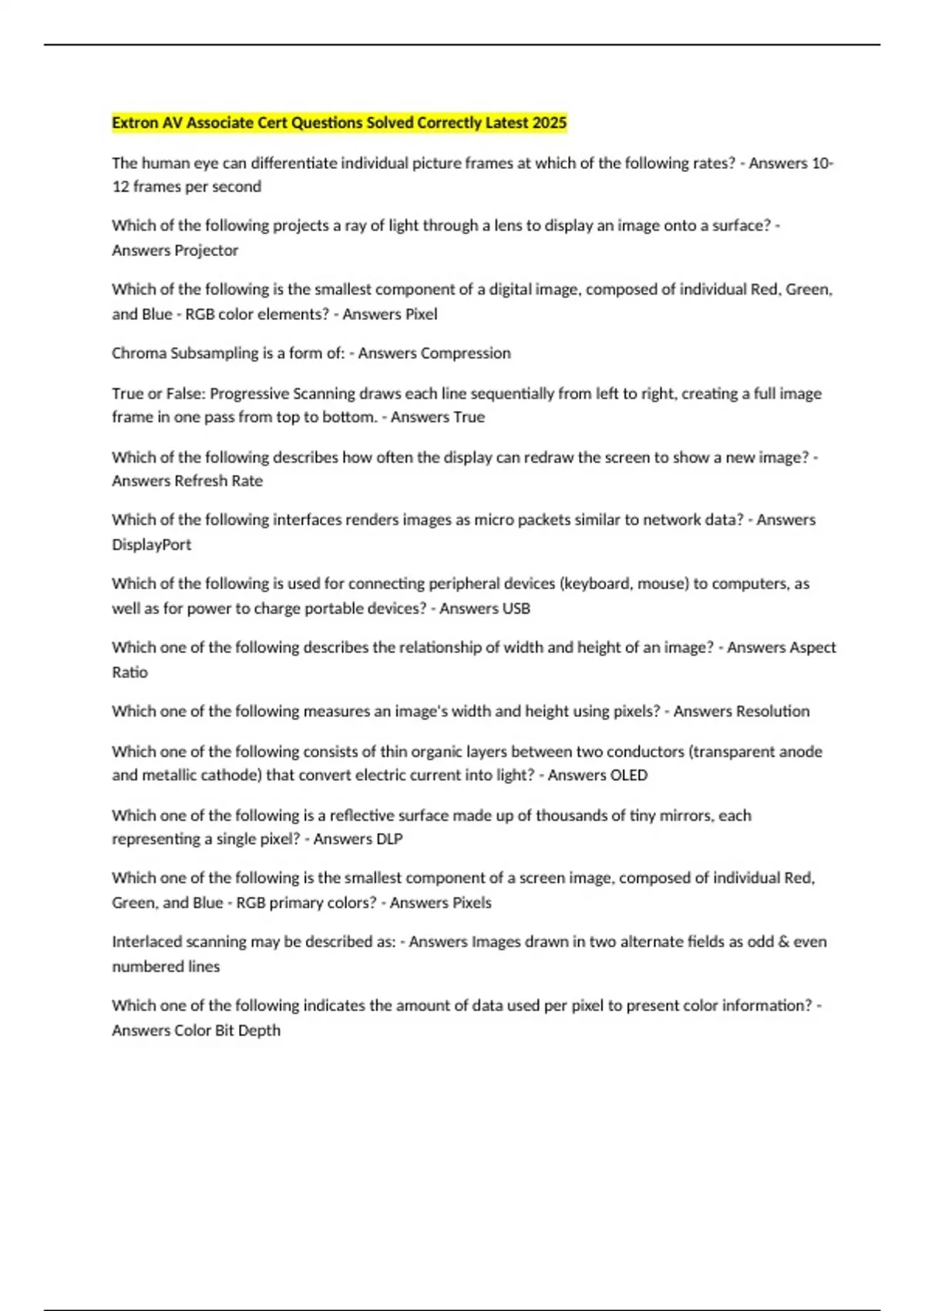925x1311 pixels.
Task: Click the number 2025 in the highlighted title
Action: click(549, 123)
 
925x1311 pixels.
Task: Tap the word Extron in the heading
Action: click(135, 123)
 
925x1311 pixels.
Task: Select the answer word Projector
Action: click(207, 251)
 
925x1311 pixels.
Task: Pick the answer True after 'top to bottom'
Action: click(469, 417)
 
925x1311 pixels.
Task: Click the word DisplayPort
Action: click(152, 544)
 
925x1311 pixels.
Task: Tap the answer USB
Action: click(516, 608)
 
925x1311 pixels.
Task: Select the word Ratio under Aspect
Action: click(129, 672)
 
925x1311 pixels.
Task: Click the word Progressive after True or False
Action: click(251, 394)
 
